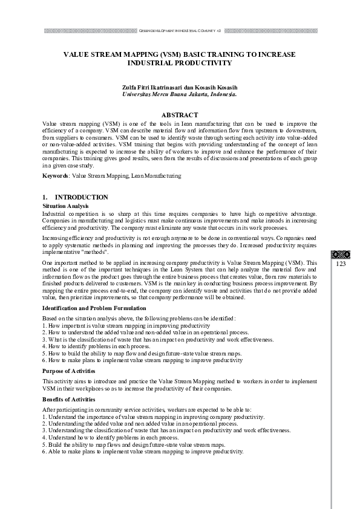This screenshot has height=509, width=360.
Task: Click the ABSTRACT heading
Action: pyautogui.click(x=180, y=115)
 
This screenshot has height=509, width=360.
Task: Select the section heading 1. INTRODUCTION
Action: pyautogui.click(x=75, y=197)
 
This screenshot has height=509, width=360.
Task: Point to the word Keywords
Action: pyautogui.click(x=55, y=175)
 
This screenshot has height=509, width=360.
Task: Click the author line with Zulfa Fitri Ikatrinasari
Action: pyautogui.click(x=180, y=88)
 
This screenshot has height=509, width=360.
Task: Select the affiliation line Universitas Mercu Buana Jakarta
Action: pyautogui.click(x=180, y=95)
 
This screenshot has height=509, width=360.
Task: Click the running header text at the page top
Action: pyautogui.click(x=180, y=30)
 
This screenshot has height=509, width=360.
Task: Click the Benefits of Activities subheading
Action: pyautogui.click(x=69, y=400)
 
